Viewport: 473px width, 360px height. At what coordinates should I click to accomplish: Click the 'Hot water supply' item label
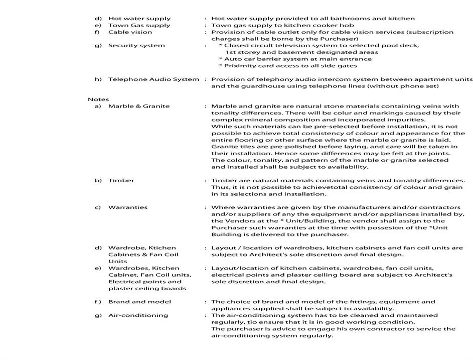[x=139, y=19]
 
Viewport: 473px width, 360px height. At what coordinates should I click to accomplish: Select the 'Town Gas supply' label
[x=139, y=25]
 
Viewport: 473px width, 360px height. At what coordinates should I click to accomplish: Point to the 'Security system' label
[x=136, y=46]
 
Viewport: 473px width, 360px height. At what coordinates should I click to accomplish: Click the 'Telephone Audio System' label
[x=153, y=79]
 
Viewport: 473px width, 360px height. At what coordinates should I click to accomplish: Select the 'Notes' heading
[x=98, y=99]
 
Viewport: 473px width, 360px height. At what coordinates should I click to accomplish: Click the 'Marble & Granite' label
[x=138, y=106]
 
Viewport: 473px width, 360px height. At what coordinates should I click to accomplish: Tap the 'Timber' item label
[x=121, y=181]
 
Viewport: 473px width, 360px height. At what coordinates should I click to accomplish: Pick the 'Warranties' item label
[x=127, y=207]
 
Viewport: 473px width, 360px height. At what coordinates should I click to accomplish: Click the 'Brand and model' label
[x=139, y=302]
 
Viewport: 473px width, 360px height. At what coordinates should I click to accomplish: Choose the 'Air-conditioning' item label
[x=138, y=315]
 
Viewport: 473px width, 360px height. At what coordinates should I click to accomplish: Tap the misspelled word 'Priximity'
[x=240, y=66]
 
